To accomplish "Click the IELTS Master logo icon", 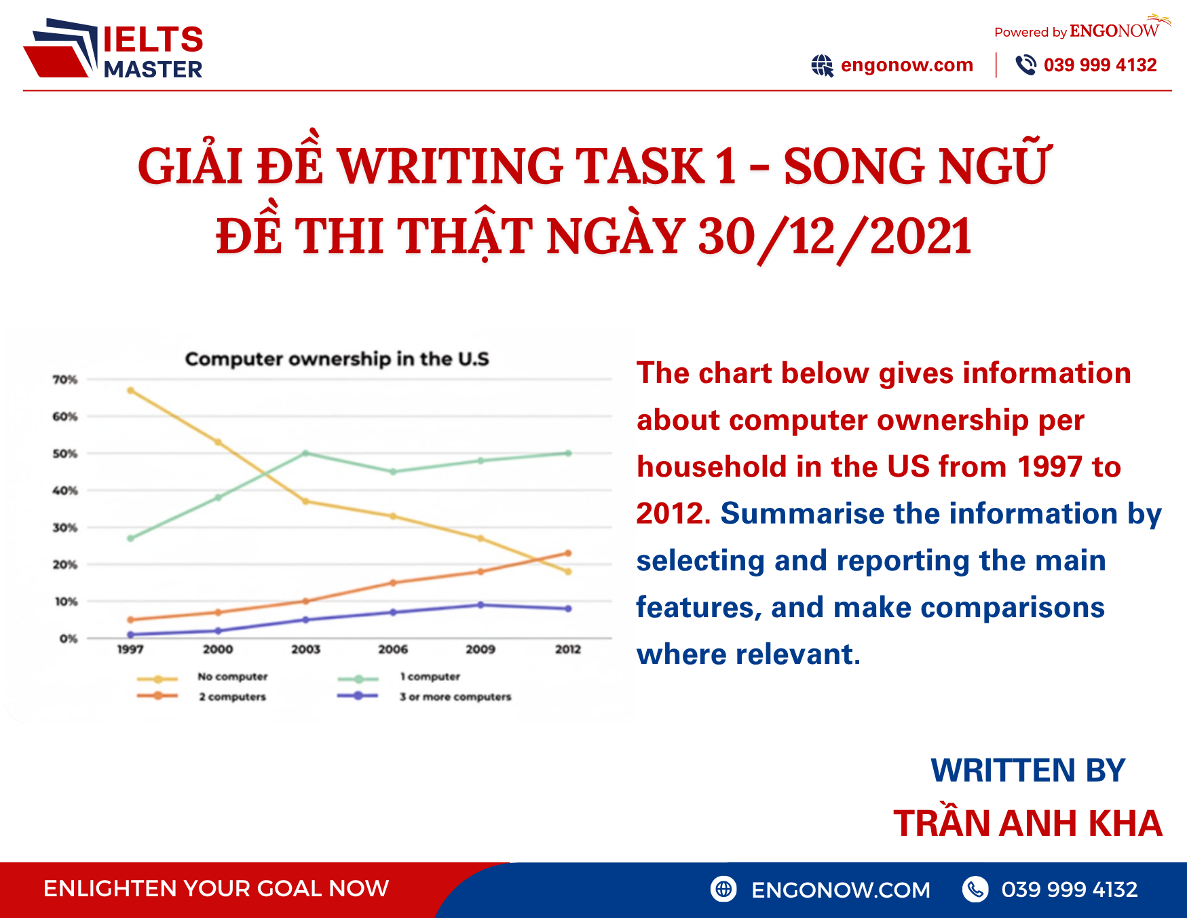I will coord(61,49).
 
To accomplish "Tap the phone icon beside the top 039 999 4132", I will coord(1025,65).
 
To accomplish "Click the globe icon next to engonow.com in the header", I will coord(822,66).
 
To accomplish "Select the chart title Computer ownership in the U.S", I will coord(337,359).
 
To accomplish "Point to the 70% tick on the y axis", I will coord(65,380).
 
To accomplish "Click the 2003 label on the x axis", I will coord(305,650).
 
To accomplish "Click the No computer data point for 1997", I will coord(130,390).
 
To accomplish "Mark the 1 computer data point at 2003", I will coord(305,453).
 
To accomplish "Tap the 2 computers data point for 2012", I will coord(568,553).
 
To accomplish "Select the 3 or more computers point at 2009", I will coord(481,605).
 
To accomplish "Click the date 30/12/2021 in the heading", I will coord(835,237).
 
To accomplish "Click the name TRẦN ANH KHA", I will coord(1028,824).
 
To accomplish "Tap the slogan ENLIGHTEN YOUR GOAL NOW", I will coord(216,889).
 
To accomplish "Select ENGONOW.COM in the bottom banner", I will coord(840,890).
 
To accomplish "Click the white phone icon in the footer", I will coord(975,889).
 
